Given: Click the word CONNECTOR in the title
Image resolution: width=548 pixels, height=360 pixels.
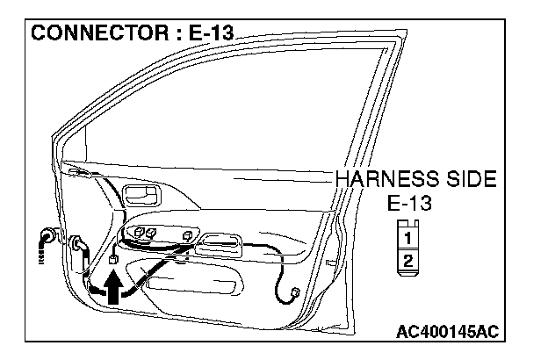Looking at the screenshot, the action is (x=89, y=36).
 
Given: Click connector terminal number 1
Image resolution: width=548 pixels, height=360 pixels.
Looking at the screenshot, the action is (x=407, y=236).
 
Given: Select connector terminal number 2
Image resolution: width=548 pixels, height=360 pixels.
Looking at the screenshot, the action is (x=407, y=260).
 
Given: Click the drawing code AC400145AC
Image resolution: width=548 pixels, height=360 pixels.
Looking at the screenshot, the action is (x=448, y=331).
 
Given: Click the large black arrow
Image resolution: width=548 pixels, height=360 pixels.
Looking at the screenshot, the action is (x=115, y=287).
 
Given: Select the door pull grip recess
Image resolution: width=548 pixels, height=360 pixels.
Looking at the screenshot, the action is (x=230, y=243).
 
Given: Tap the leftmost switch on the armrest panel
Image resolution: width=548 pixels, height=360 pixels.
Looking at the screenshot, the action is (x=136, y=232).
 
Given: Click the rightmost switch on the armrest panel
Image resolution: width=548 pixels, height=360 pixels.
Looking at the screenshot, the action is (x=188, y=235).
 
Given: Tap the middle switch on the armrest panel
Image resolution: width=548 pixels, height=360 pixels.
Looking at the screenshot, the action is (x=150, y=232).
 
